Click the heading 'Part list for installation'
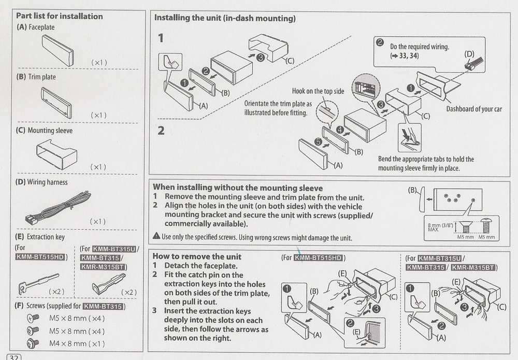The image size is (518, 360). tap(60, 16)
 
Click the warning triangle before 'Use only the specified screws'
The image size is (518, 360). tap(156, 237)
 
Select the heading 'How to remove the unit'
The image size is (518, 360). tap(197, 256)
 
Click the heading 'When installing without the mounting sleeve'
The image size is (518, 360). tap(238, 188)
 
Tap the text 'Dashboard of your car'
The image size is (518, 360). tap(474, 109)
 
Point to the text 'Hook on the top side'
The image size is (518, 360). tap(318, 91)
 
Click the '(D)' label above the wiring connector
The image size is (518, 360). tap(469, 53)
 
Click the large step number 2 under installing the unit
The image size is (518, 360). tap(161, 130)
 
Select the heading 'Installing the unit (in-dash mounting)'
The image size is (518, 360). tap(225, 18)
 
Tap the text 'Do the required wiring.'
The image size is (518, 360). tap(419, 47)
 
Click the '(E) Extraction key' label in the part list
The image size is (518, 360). tap(41, 237)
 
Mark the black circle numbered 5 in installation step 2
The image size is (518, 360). tap(319, 141)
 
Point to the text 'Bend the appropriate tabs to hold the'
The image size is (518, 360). tap(426, 159)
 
